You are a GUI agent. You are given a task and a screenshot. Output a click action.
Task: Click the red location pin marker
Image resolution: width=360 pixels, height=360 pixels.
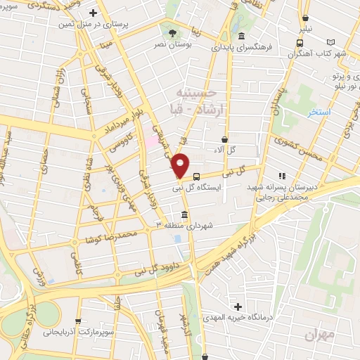[181, 166]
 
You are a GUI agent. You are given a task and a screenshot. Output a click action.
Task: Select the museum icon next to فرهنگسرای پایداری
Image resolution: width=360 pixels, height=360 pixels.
[242, 36]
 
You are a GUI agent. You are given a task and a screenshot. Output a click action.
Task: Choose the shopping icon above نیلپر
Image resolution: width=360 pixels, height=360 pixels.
[305, 19]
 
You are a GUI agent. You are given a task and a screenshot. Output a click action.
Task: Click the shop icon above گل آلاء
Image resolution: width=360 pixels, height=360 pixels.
[224, 139]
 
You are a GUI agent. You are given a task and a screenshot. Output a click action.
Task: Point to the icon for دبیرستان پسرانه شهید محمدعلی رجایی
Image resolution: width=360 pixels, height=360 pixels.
[282, 176]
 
